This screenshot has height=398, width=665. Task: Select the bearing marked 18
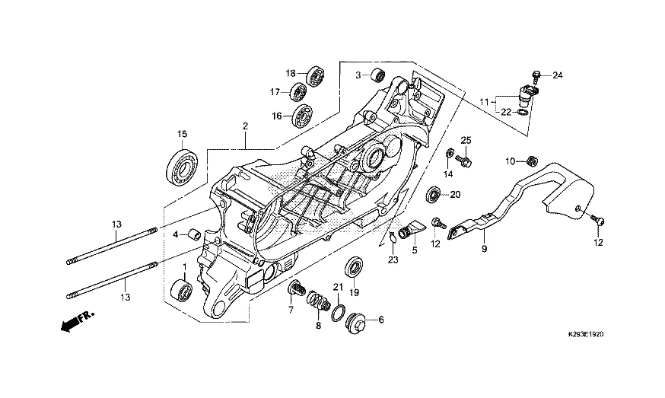pyautogui.click(x=315, y=76)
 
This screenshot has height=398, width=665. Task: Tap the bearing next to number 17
pyautogui.click(x=298, y=92)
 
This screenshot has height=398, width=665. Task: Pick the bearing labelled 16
pyautogui.click(x=302, y=115)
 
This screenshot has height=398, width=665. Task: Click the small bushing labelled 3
pyautogui.click(x=377, y=75)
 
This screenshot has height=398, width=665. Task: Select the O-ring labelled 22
pyautogui.click(x=523, y=113)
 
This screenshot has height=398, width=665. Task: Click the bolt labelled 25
pyautogui.click(x=463, y=160)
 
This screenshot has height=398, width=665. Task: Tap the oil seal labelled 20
pyautogui.click(x=434, y=195)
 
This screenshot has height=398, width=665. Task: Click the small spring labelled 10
pyautogui.click(x=532, y=161)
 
